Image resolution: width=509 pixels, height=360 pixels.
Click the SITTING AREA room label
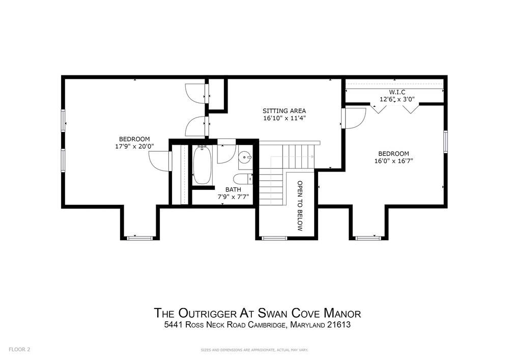(x=284, y=111)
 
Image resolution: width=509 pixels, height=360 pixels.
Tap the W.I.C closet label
(x=397, y=93)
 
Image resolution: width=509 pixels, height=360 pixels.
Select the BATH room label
(x=233, y=189)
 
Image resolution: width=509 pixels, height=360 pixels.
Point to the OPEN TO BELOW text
(x=300, y=206)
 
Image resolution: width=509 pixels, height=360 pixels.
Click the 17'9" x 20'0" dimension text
(x=134, y=146)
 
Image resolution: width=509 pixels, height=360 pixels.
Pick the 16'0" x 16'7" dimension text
(x=393, y=161)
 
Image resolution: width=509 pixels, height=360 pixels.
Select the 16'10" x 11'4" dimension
(x=285, y=118)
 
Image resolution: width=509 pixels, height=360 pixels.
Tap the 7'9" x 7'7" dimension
(x=233, y=197)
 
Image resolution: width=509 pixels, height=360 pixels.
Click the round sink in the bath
(x=245, y=158)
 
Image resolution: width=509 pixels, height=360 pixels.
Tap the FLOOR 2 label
(x=19, y=350)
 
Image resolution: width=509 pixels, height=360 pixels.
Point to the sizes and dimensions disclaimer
(x=254, y=350)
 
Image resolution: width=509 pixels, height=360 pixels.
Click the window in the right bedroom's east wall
(x=446, y=142)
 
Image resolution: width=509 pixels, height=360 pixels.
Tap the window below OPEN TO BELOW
(x=275, y=238)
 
